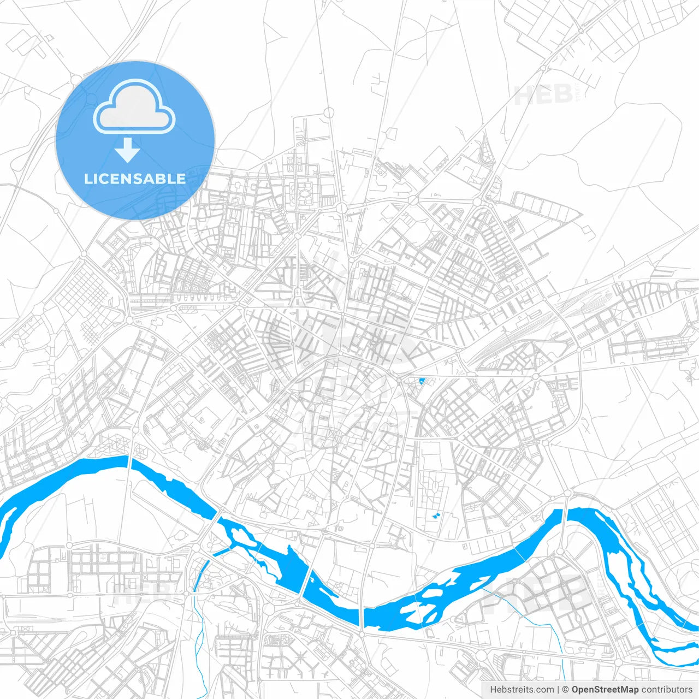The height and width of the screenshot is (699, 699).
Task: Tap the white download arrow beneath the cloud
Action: (x=128, y=150)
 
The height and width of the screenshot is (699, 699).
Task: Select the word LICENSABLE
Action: (x=135, y=179)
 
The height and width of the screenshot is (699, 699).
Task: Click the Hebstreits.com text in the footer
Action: (x=522, y=690)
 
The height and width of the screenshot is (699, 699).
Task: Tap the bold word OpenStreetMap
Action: (x=605, y=690)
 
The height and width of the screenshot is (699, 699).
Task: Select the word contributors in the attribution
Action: (x=666, y=690)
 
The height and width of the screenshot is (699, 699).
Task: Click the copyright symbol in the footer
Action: (x=565, y=690)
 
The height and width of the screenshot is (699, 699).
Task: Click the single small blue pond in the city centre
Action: (x=421, y=382)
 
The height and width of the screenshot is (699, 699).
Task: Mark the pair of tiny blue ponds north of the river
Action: (x=436, y=516)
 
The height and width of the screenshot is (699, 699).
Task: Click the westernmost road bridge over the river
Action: (x=130, y=462)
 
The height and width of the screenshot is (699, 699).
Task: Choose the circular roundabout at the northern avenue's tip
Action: (x=329, y=112)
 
